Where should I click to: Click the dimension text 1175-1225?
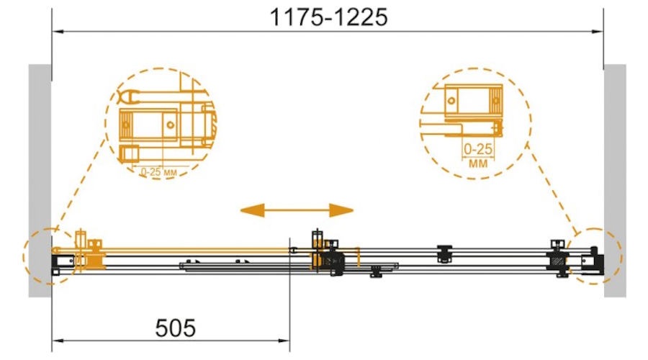click(x=328, y=17)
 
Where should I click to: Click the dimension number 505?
click(x=175, y=328)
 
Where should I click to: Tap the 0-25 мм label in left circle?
click(x=158, y=171)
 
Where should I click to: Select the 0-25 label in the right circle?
click(x=478, y=149)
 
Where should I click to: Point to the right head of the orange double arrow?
click(x=341, y=210)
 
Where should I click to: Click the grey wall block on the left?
click(x=40, y=181)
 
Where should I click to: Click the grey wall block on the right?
click(x=615, y=181)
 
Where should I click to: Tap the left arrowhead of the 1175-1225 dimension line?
click(x=58, y=32)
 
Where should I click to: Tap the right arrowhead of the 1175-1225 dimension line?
click(x=598, y=32)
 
